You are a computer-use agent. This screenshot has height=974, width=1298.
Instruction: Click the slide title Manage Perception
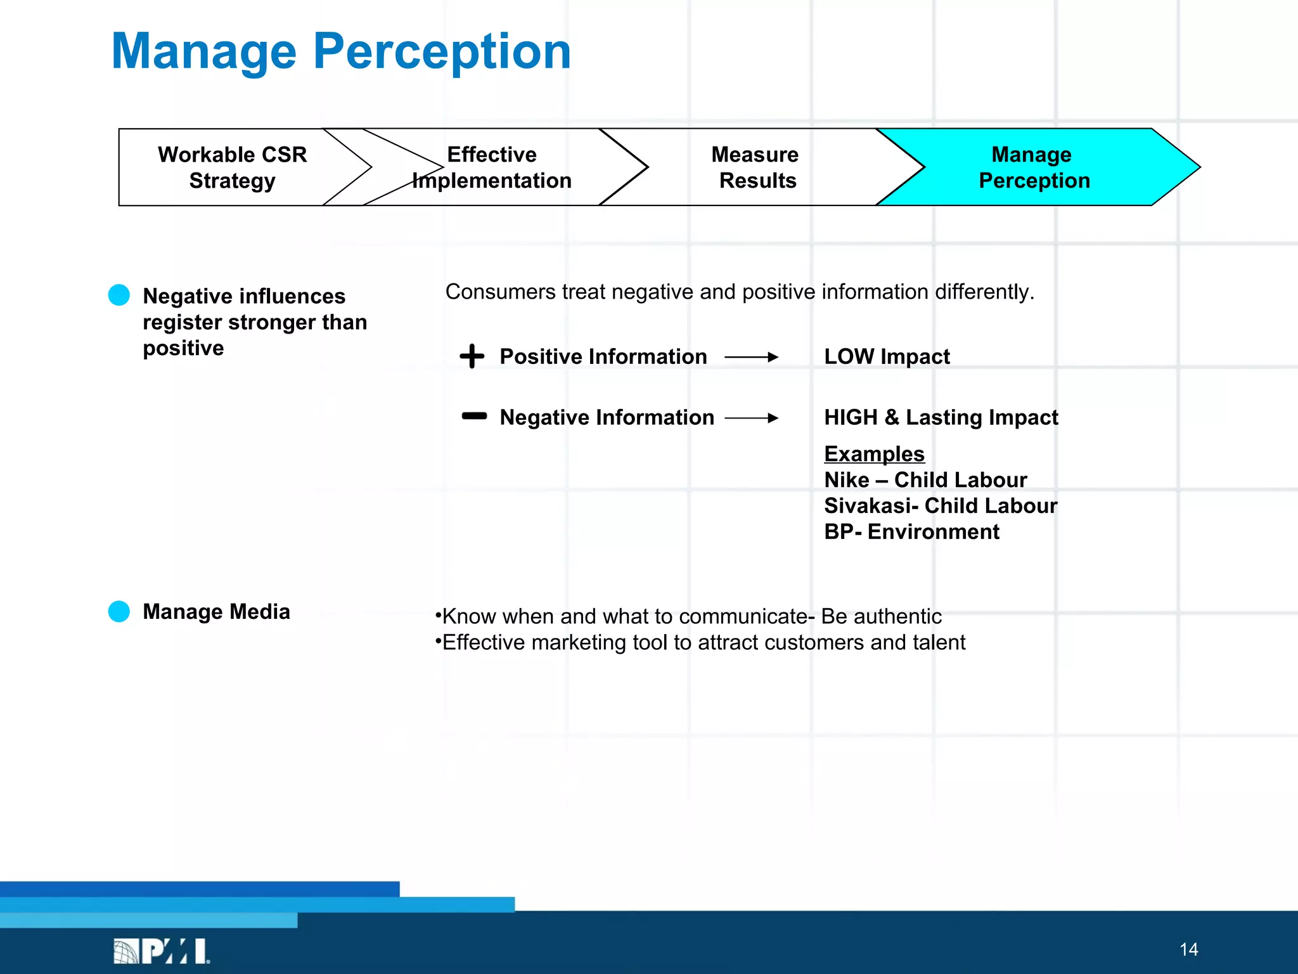tap(341, 52)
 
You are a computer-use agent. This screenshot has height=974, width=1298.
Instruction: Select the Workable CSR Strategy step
tap(232, 167)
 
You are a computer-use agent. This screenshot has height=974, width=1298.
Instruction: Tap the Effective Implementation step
tap(492, 167)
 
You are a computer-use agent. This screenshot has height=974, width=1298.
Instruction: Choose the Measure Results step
tap(755, 167)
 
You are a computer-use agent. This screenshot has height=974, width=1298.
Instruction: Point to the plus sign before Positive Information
tap(472, 356)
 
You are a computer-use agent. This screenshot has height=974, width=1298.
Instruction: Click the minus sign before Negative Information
tap(474, 417)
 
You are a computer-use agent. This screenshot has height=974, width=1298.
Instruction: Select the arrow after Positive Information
tap(752, 357)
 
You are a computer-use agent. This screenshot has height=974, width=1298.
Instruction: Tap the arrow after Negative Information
tap(752, 418)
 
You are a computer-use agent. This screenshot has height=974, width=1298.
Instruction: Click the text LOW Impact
tap(887, 357)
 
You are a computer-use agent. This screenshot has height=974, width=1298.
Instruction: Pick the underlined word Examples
tap(874, 454)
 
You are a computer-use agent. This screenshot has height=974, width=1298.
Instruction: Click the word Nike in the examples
tap(847, 480)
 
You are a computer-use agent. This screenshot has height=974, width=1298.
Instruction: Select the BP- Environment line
tap(911, 532)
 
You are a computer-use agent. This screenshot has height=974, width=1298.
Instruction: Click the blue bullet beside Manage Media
tap(119, 611)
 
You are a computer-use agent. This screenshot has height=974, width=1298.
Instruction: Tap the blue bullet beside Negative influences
tap(119, 295)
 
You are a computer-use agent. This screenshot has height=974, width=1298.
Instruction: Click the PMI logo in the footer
tap(162, 951)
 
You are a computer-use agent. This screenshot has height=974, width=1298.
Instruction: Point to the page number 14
tap(1188, 949)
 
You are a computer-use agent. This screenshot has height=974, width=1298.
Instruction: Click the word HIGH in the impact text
tap(851, 417)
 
